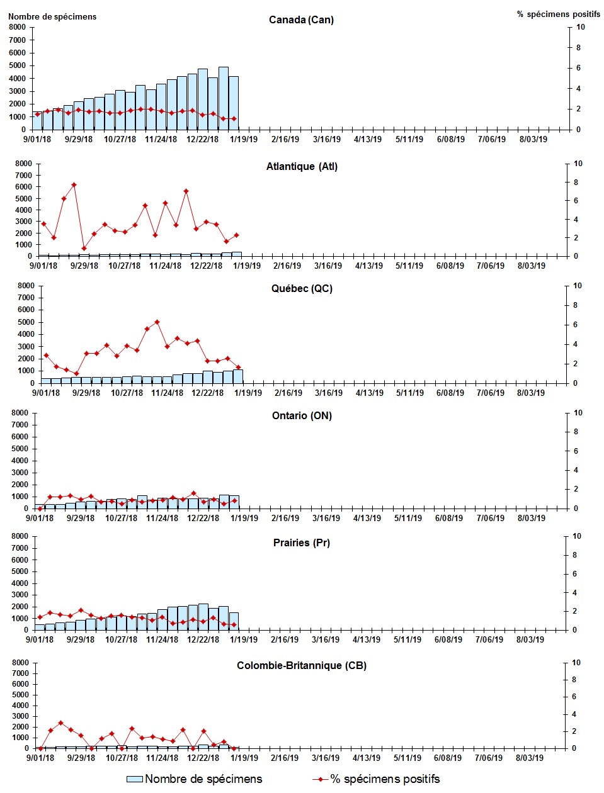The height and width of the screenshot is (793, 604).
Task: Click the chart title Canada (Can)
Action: (x=301, y=20)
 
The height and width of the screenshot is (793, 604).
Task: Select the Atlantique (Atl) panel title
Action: (x=302, y=167)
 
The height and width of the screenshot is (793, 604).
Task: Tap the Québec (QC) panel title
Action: (x=302, y=289)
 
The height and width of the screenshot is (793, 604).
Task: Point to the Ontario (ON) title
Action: (x=302, y=416)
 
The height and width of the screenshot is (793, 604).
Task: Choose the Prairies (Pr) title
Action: (x=302, y=543)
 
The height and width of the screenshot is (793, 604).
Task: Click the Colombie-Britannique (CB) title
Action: (x=302, y=666)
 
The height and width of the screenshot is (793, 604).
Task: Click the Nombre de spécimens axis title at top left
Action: (x=52, y=17)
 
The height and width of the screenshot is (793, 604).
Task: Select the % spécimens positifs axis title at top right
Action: (x=559, y=14)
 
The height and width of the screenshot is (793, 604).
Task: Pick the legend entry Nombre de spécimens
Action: (x=195, y=779)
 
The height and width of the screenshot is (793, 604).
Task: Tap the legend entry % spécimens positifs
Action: (x=376, y=779)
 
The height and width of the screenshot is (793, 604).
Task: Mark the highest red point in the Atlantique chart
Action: (x=74, y=185)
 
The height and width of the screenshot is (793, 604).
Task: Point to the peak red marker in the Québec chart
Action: (x=157, y=322)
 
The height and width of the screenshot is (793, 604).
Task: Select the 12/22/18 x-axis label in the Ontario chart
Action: (x=203, y=519)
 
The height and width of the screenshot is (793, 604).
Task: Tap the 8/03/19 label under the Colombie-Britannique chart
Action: (x=530, y=758)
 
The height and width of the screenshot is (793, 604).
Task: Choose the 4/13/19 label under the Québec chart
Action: (x=370, y=393)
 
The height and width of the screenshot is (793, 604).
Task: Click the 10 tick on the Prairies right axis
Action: (x=578, y=536)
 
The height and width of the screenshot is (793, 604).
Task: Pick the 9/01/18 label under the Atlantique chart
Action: (x=43, y=266)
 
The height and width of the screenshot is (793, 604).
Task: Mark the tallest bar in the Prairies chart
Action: (x=203, y=617)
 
